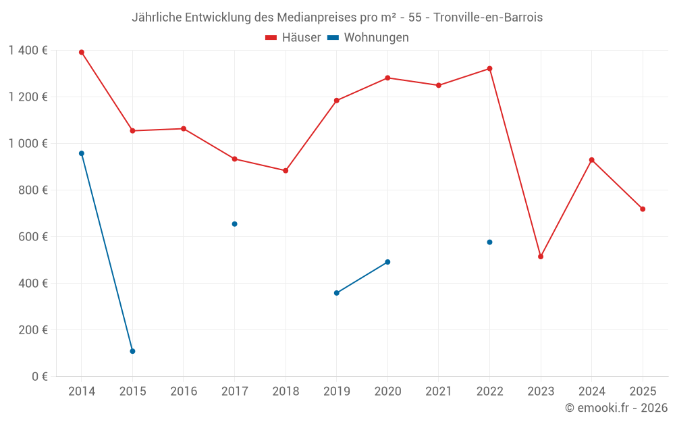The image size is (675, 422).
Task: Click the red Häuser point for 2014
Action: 82,52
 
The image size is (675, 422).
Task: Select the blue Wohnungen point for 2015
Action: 132,351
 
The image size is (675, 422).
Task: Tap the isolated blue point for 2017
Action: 234,224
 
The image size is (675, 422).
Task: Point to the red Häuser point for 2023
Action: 541,257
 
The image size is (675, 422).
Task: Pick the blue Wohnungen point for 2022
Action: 489,242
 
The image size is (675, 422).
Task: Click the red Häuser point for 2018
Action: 286,171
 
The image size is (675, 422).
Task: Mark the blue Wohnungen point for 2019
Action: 336,293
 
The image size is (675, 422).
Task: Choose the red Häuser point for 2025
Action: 643,209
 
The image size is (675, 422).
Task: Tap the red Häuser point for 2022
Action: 489,68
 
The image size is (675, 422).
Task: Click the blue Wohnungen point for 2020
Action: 387,262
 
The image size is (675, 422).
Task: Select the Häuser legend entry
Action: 293,38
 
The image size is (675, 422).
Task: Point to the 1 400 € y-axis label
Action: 28,51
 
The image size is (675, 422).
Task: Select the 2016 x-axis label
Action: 184,392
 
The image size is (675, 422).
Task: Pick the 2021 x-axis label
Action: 439,392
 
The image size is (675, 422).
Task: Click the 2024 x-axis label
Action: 592,392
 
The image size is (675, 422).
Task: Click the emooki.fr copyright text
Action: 616,408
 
